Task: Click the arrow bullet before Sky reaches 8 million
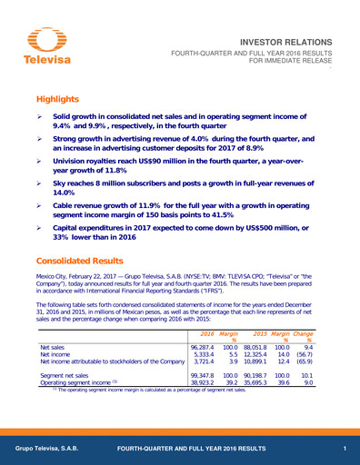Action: click(40, 183)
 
